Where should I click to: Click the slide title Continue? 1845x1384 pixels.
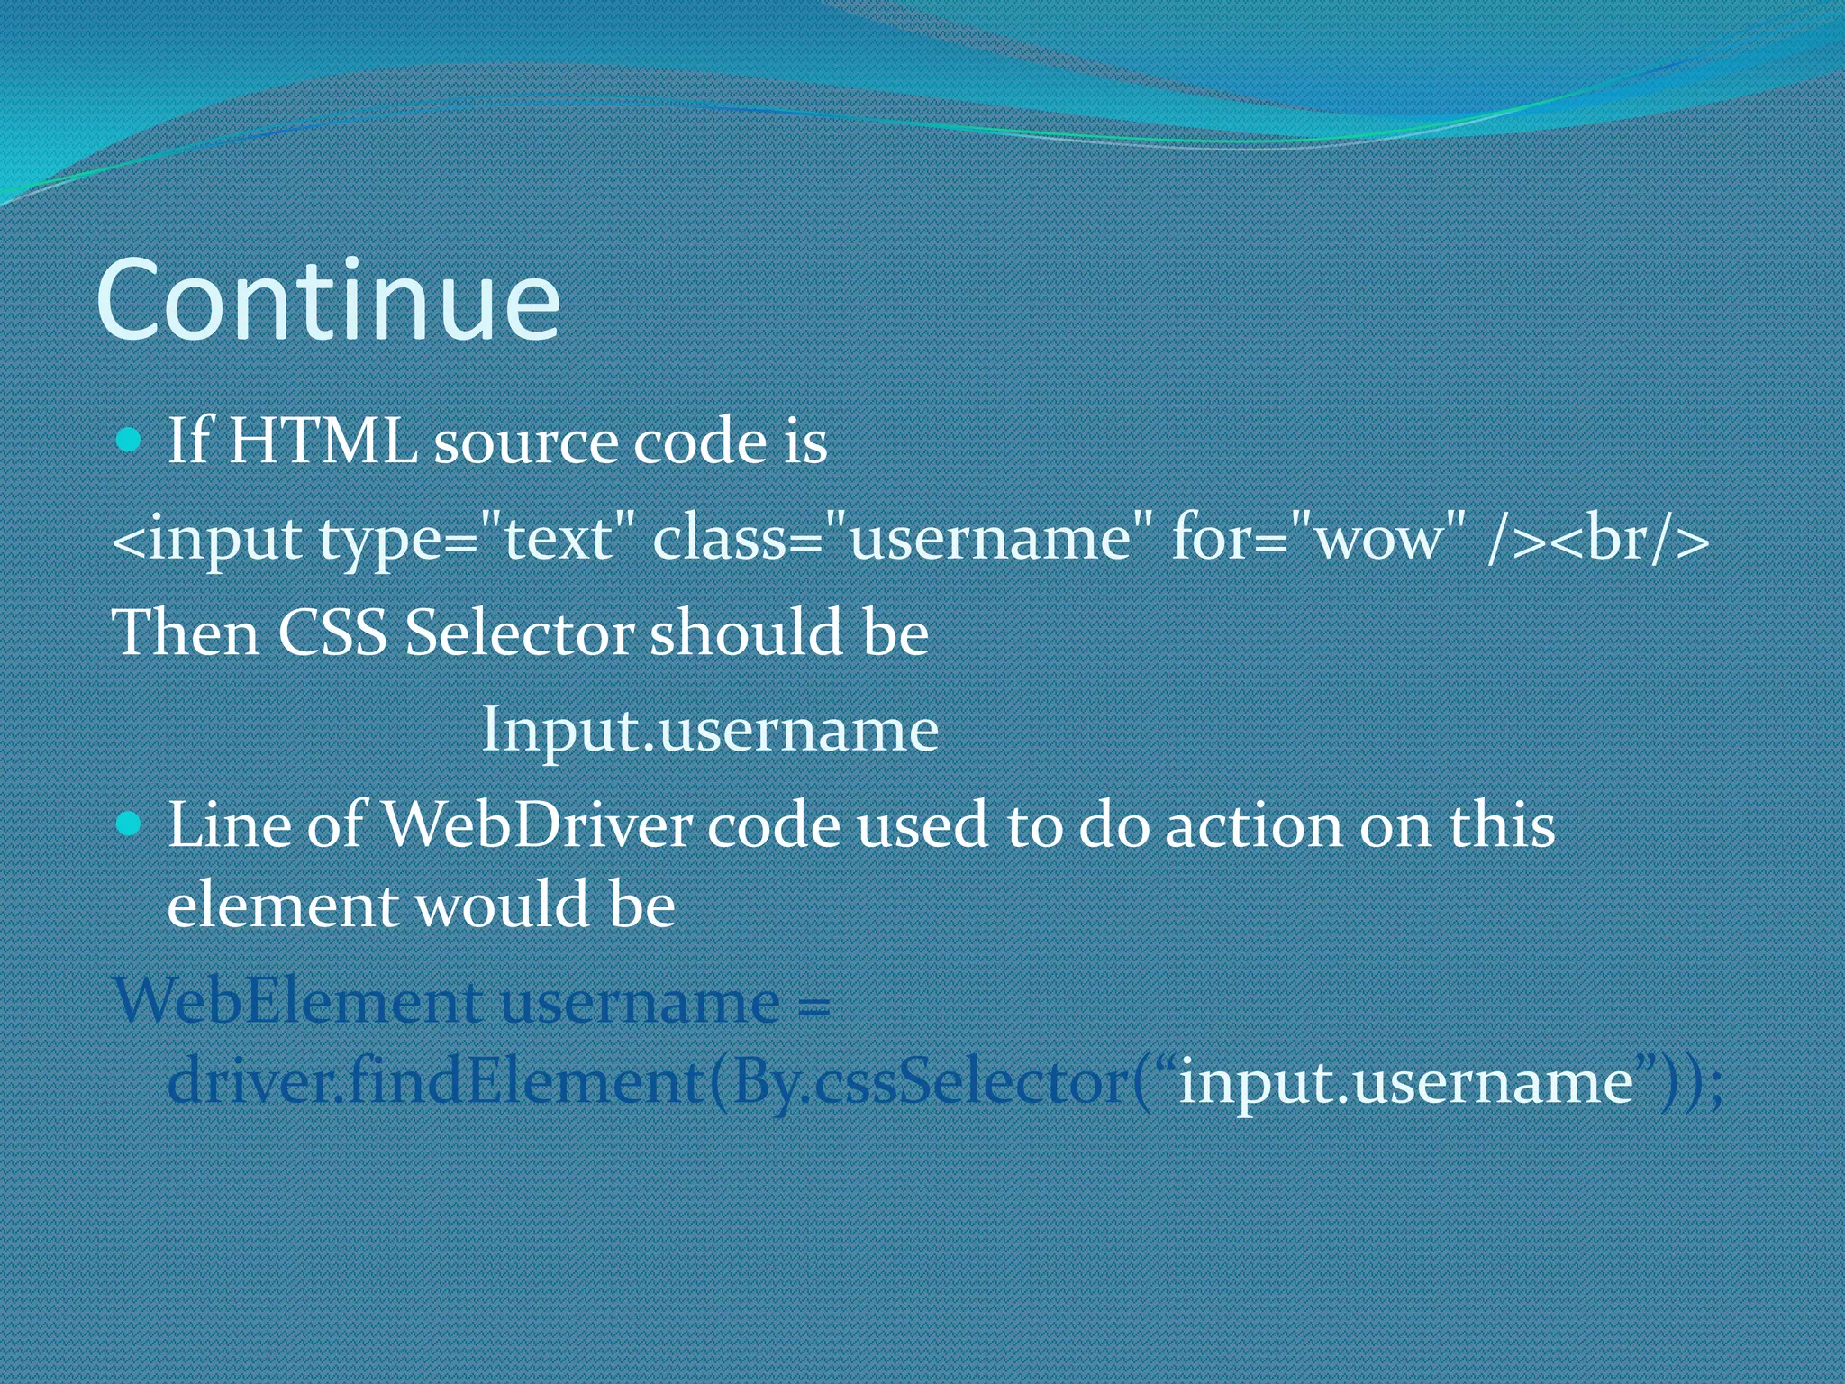(x=328, y=301)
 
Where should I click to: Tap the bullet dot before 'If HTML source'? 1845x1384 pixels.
(x=130, y=441)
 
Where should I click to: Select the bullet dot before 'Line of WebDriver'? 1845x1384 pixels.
(x=130, y=824)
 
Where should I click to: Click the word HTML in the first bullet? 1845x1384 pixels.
(x=323, y=442)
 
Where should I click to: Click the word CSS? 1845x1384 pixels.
(x=332, y=633)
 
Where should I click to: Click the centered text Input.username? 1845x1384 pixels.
(x=710, y=729)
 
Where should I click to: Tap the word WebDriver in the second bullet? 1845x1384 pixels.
(x=538, y=825)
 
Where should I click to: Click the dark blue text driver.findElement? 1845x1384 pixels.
(x=435, y=1080)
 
